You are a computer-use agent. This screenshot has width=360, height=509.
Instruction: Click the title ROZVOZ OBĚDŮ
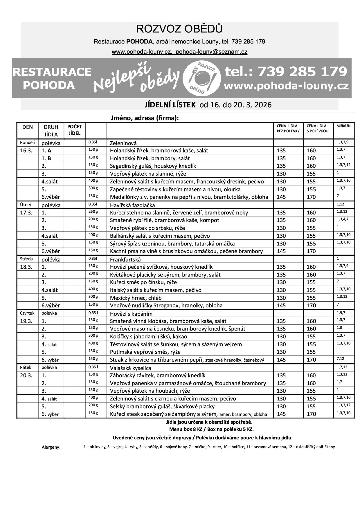[179, 29]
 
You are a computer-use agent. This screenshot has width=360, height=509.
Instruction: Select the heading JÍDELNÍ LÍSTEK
[170, 105]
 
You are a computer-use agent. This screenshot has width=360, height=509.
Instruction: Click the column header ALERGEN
[343, 126]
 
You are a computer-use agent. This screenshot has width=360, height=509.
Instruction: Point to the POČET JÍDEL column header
[74, 130]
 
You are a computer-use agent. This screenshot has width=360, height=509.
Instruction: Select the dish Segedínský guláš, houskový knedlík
[153, 166]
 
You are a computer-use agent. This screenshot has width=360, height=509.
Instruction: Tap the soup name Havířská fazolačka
[132, 205]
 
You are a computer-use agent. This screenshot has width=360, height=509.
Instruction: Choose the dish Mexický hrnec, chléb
[136, 298]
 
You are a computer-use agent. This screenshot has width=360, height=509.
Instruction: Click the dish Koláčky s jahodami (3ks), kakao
[148, 336]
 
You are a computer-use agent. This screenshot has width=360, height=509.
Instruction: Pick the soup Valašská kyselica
[131, 368]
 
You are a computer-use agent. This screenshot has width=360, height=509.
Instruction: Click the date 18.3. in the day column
[26, 267]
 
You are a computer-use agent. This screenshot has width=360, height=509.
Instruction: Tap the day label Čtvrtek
[27, 313]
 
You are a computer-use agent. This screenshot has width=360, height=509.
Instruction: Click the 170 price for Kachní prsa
[311, 251]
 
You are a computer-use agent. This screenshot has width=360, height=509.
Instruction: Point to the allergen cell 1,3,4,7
[343, 219]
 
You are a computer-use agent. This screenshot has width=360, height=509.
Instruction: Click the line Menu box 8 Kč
[211, 429]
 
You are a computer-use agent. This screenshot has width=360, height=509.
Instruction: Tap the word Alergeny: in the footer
[51, 447]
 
